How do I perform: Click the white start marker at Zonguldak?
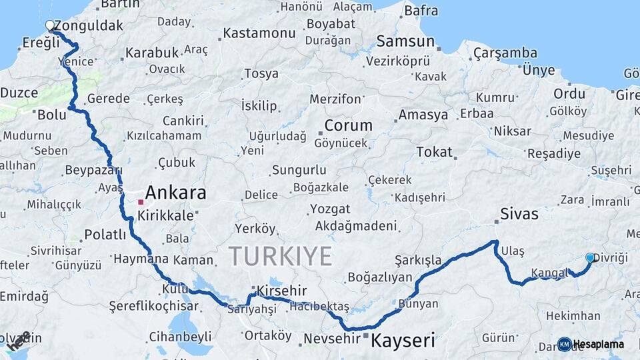pos(49,26)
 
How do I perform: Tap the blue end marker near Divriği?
pos(589,257)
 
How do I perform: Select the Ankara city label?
pos(175,193)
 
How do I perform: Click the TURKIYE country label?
pos(280,256)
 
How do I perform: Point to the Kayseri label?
pos(403,341)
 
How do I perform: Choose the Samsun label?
pos(405,41)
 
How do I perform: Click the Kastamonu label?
pos(259,33)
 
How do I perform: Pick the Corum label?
pos(348,125)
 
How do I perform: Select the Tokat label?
pos(434,152)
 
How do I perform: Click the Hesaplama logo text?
pos(599,344)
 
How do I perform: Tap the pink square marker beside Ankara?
pos(141,201)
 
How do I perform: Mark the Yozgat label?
pos(330,209)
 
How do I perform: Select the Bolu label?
pos(52,115)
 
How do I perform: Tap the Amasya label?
pos(423,115)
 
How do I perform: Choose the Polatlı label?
pos(105,235)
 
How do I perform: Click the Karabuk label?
pos(152,52)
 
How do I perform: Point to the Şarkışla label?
pos(418,259)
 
